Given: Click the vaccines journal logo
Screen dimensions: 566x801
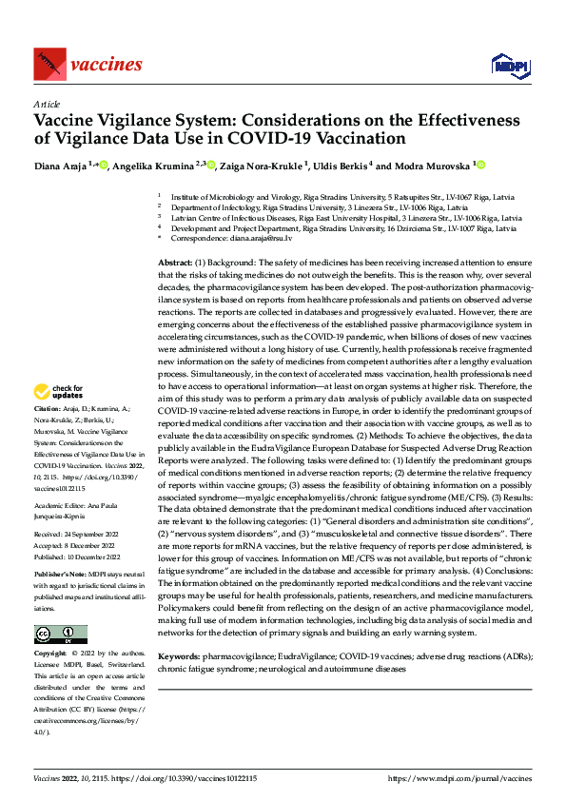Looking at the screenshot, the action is click(x=88, y=65).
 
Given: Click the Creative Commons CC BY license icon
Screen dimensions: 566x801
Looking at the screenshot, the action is click(x=60, y=635).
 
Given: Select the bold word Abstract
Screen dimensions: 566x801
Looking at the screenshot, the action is click(x=175, y=262).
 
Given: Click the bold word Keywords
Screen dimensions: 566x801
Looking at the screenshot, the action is click(x=179, y=656).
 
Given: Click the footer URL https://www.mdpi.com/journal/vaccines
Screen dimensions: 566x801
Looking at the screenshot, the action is click(x=459, y=778).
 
